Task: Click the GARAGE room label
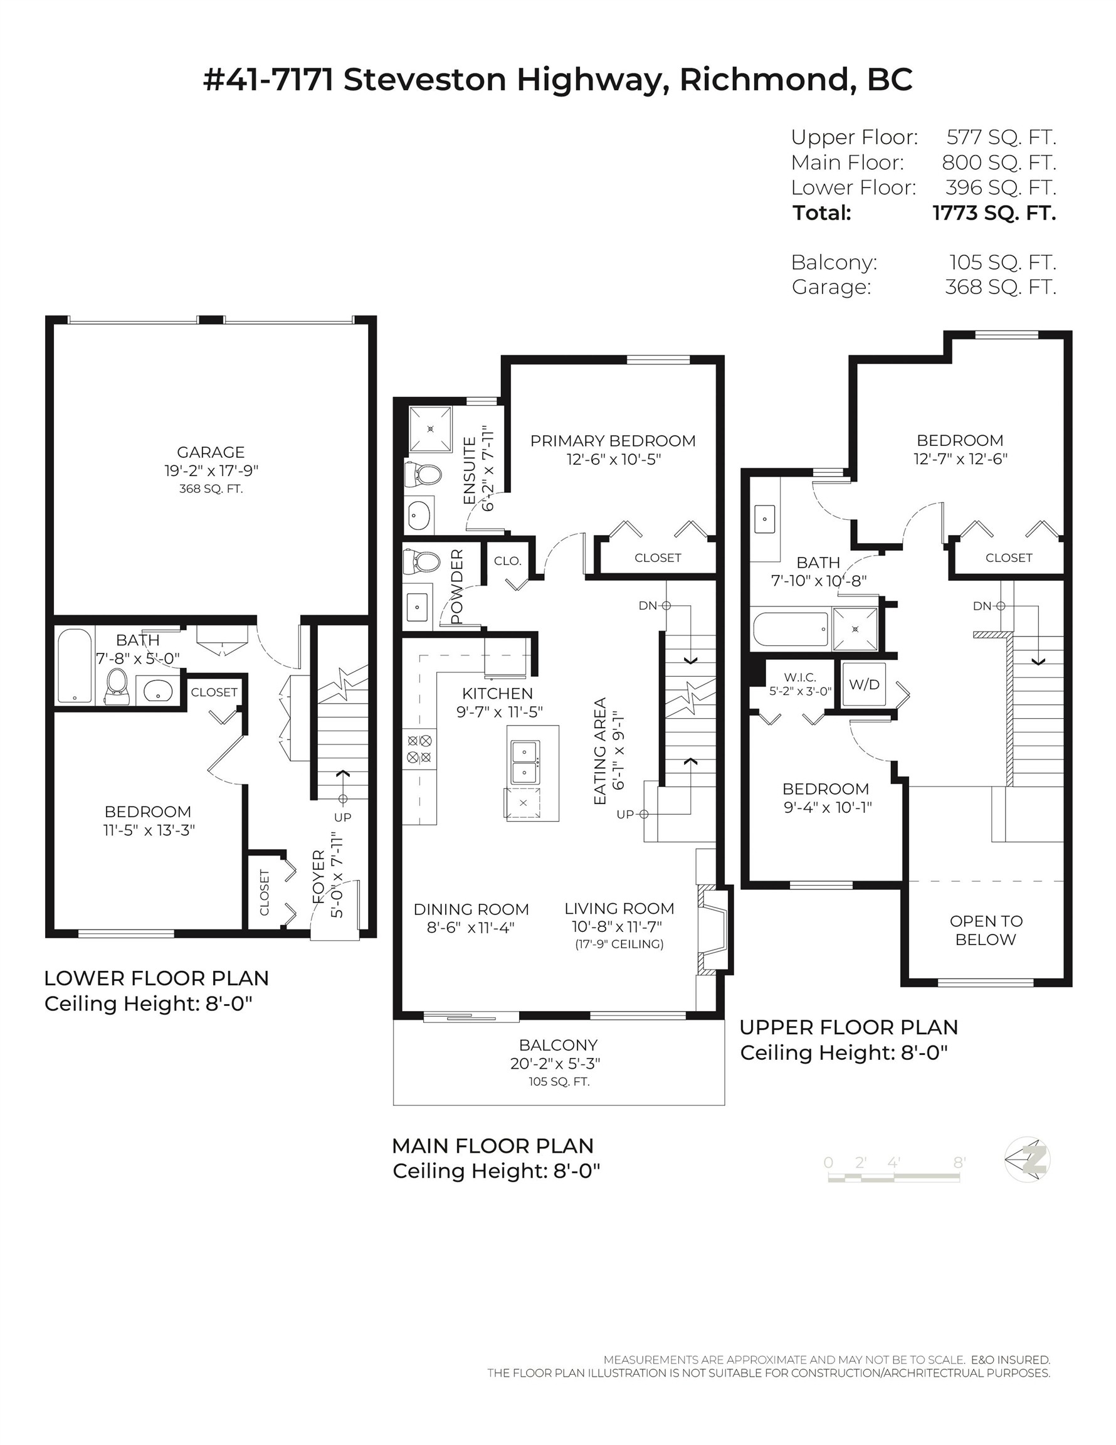211,452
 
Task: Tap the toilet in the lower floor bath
117,687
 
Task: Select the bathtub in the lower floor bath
73,665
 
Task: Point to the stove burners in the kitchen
419,749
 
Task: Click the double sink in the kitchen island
525,762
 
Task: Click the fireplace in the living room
715,929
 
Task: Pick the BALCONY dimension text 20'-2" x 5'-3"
554,1063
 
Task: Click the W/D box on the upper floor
864,684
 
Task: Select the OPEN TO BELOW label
985,929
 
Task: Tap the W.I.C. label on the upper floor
800,677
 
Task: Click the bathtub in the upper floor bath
791,629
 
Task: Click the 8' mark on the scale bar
959,1163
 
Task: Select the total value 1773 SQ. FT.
994,213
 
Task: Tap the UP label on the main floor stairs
624,815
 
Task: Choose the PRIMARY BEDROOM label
613,441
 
